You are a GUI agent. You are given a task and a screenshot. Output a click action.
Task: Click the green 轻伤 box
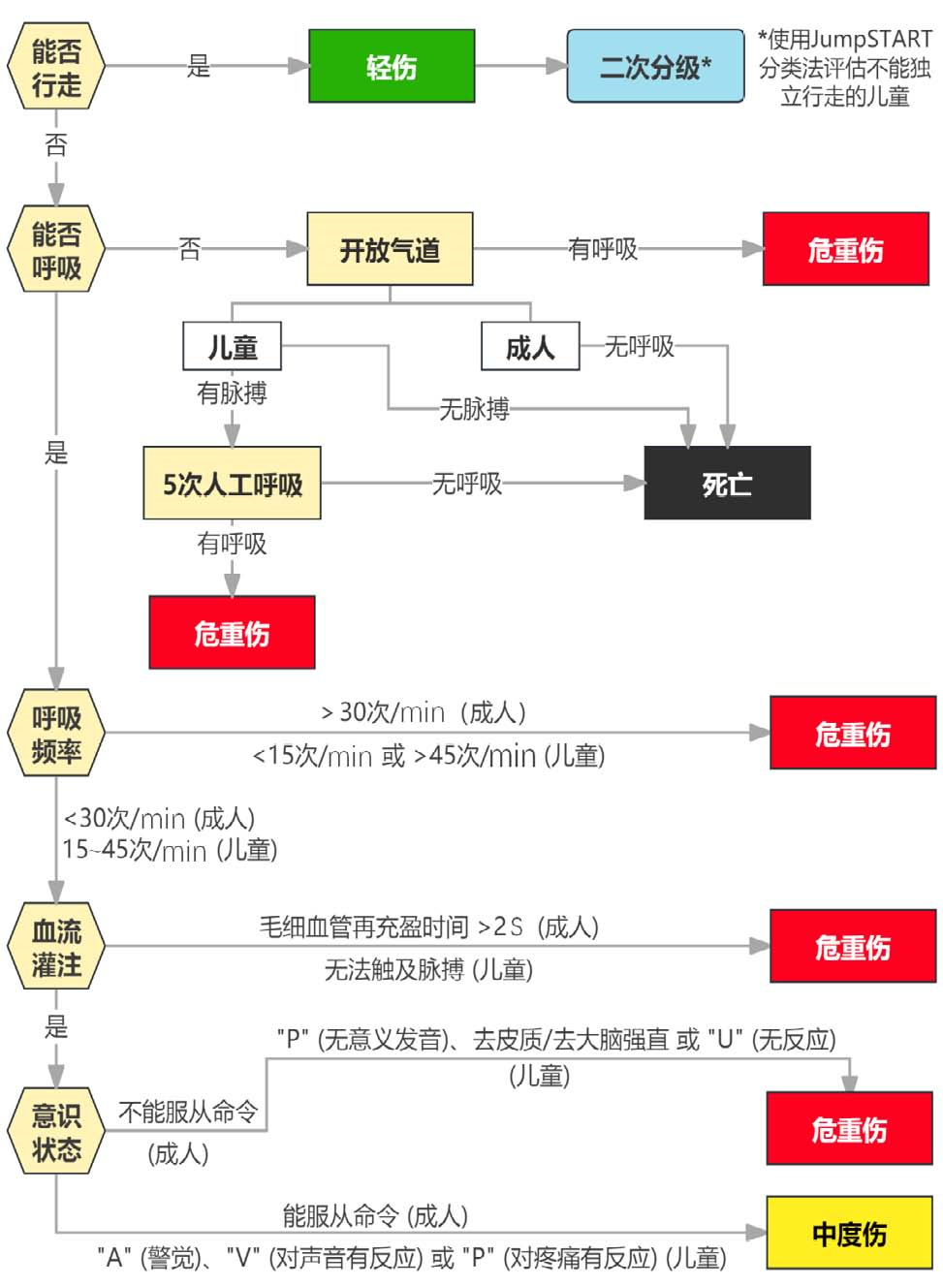(392, 66)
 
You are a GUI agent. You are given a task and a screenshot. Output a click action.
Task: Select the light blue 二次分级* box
(655, 66)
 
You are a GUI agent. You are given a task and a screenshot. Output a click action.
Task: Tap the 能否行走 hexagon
(56, 67)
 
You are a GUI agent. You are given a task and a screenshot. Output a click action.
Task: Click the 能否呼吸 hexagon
(56, 249)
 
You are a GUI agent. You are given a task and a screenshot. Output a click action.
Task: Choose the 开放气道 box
(390, 249)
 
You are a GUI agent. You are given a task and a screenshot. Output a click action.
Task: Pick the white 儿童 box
(232, 346)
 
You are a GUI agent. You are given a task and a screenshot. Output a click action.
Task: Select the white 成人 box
(530, 346)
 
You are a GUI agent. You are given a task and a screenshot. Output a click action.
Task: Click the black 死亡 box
(727, 483)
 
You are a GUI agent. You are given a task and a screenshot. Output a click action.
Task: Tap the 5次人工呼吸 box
(232, 483)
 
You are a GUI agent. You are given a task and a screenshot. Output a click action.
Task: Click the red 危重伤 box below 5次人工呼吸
(232, 633)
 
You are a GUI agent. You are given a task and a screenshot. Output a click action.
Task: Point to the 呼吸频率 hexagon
(56, 734)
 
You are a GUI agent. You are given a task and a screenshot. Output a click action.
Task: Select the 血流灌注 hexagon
(56, 947)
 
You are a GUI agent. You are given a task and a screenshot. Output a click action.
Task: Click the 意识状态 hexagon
(56, 1132)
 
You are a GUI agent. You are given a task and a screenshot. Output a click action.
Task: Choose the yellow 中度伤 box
(849, 1233)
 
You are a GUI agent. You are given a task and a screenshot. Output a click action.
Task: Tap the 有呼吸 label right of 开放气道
(603, 249)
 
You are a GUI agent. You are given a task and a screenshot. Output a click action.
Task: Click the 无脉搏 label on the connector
(474, 408)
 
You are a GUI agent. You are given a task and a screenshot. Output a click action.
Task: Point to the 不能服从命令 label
(188, 1112)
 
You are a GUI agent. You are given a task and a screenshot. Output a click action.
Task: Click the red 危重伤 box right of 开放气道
(846, 249)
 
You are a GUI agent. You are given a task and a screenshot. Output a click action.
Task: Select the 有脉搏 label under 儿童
(232, 392)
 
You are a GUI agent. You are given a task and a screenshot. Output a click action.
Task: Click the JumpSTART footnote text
(844, 67)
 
